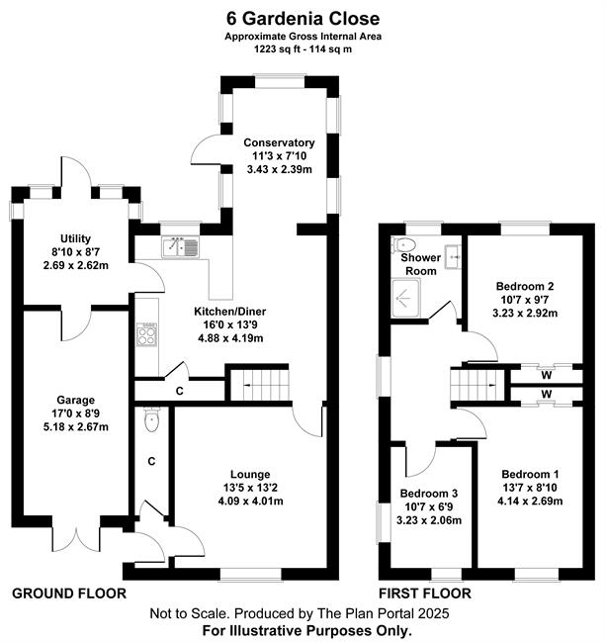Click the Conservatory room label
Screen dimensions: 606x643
[279, 142]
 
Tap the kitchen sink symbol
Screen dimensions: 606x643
[180, 247]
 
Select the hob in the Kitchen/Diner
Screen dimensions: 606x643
[146, 334]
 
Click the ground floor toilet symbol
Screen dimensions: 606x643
[151, 419]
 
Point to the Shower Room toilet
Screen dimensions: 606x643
[403, 245]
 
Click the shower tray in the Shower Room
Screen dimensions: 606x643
[405, 298]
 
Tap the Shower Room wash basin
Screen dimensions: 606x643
[453, 256]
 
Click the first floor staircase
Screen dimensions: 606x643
[477, 385]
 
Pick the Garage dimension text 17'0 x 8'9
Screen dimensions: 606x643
[76, 413]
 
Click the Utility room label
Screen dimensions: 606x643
[75, 238]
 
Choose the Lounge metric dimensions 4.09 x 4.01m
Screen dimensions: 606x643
[250, 502]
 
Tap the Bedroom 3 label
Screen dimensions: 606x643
[429, 494]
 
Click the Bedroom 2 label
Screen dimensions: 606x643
[525, 286]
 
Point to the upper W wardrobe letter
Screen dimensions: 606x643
[546, 375]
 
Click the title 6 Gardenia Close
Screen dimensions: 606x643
[303, 19]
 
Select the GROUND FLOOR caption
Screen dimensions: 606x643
[69, 594]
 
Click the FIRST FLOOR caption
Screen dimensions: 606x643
[425, 594]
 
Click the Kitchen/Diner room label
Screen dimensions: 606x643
[230, 312]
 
